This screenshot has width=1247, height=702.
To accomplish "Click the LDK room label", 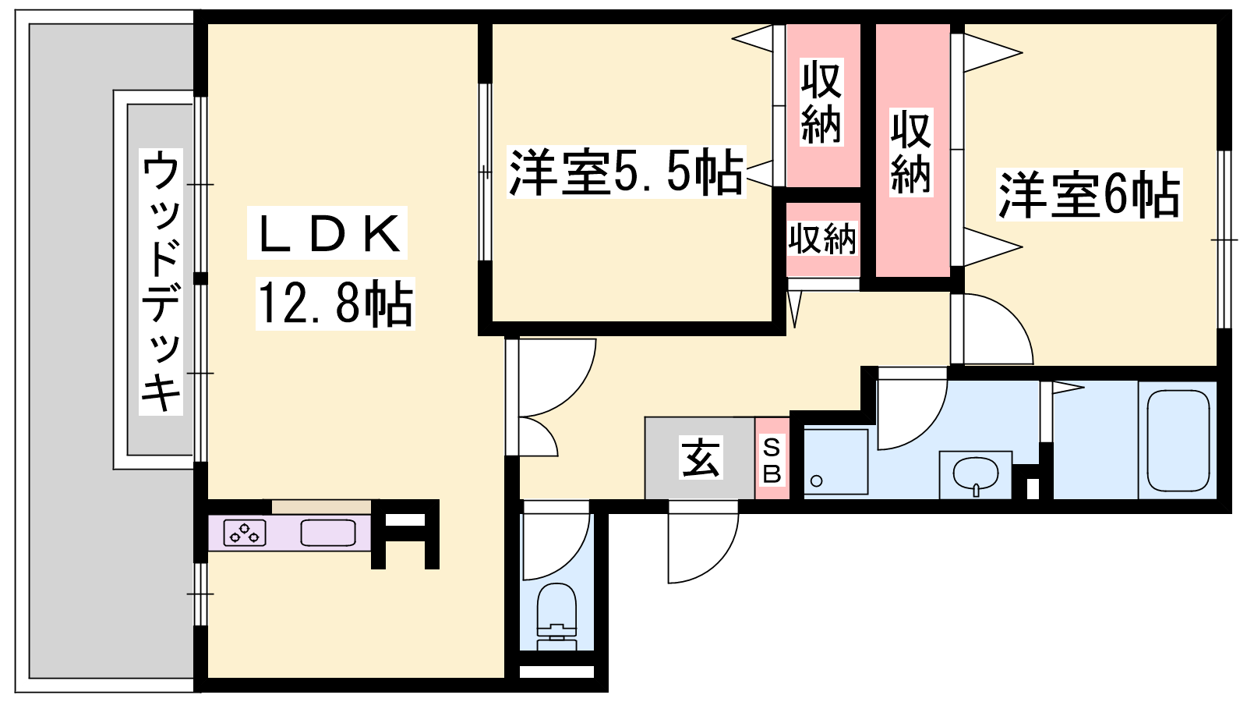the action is [328, 234].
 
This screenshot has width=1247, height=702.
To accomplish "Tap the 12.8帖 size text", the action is [335, 303].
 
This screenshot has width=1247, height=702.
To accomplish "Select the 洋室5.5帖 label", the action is [627, 172].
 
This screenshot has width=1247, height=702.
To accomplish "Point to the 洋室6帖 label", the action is [1089, 195].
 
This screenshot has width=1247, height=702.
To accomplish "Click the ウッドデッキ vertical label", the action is [161, 282].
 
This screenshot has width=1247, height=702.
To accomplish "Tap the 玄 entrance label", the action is [701, 457].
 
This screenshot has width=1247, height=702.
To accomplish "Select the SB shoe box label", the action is [772, 461].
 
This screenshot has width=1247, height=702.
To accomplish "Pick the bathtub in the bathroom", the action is [1178, 440].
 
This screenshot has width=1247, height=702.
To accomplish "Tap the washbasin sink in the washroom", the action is [975, 475].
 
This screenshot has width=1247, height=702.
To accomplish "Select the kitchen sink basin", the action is [328, 533].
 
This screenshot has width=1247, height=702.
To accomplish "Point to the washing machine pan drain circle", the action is [817, 480].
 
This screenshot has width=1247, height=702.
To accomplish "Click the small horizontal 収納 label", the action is [822, 239].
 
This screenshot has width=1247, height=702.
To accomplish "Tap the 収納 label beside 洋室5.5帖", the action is [821, 101].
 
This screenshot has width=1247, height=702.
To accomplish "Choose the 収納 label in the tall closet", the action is [911, 151].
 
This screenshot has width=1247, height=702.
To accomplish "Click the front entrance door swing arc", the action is [718, 562].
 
